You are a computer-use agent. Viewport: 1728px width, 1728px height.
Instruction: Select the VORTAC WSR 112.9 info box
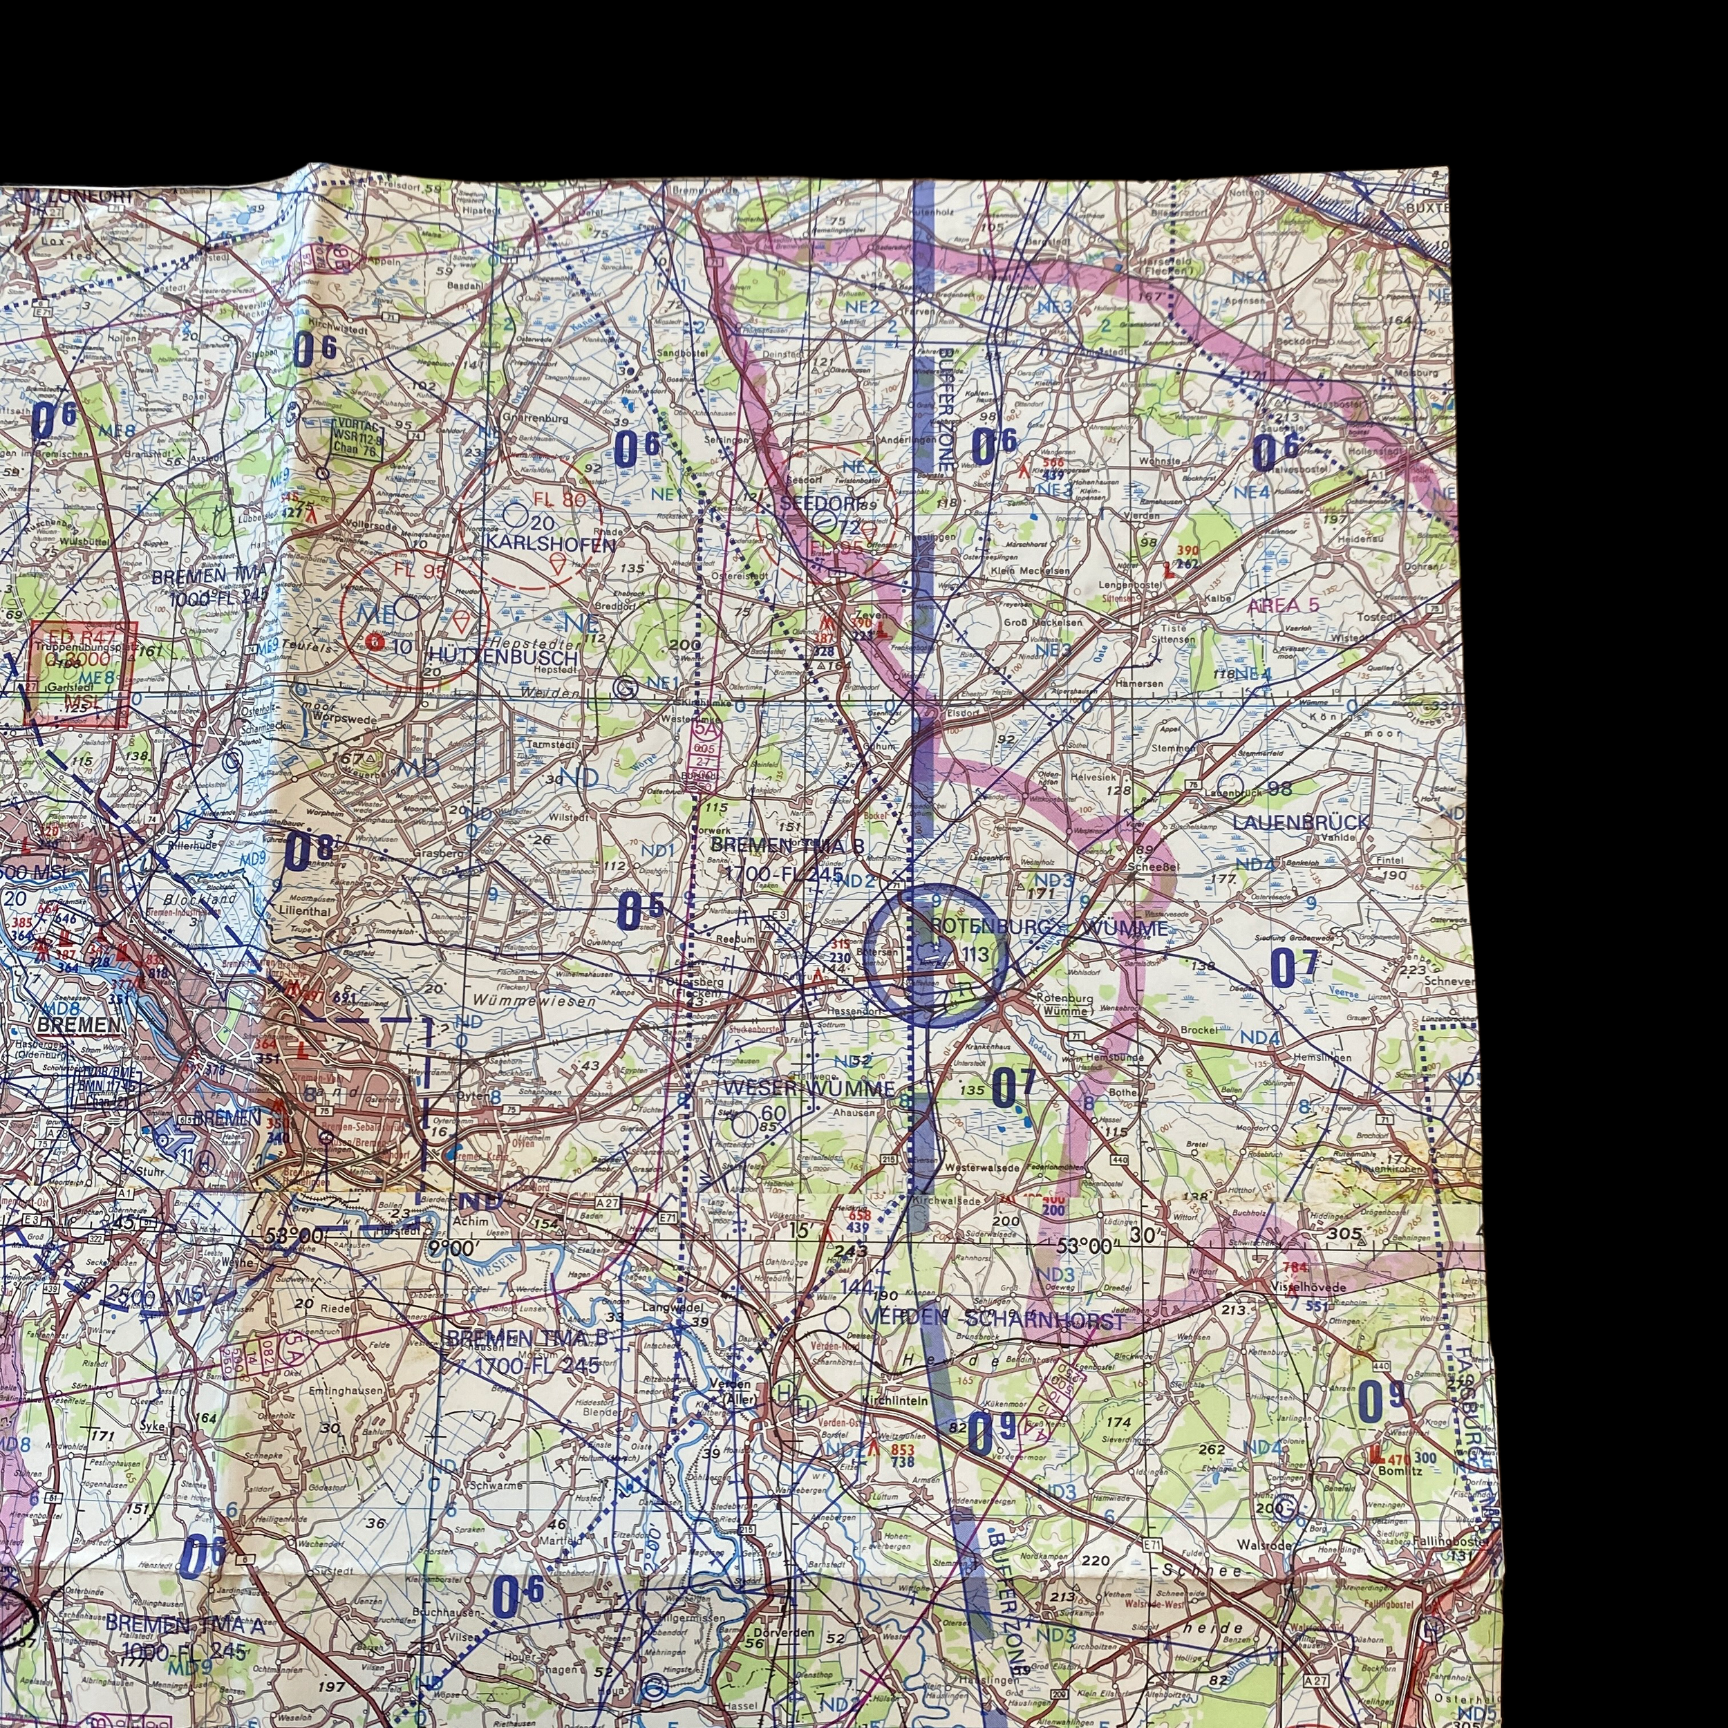point(357,438)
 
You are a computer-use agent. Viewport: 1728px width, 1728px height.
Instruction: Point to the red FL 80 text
point(560,499)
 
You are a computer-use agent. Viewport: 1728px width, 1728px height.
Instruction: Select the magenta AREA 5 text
point(1283,605)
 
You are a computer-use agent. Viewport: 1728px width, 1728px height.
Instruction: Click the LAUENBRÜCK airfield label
point(1300,821)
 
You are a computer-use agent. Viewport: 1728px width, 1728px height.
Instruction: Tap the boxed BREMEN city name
point(79,1024)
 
